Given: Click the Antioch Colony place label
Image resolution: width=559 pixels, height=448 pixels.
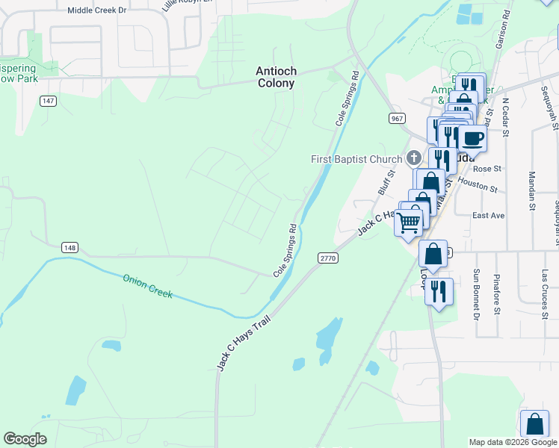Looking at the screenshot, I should [x=277, y=77].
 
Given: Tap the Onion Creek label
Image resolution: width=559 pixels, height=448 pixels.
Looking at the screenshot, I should [x=147, y=286].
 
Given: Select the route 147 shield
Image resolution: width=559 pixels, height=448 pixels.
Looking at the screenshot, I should [x=49, y=101].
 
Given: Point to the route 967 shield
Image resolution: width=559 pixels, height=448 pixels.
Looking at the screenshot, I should [x=397, y=119].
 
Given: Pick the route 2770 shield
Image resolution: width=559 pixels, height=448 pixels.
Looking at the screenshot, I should [x=328, y=258].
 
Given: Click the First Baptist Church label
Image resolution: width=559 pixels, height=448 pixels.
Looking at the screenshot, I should [x=356, y=159].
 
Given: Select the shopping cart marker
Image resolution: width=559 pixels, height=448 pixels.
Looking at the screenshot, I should [x=408, y=222].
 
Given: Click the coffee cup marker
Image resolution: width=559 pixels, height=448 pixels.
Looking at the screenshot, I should [x=472, y=138].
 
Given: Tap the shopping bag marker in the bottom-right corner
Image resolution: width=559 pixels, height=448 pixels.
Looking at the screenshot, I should [x=535, y=425].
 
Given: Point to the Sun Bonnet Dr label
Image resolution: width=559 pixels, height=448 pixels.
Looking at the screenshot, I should [x=476, y=296].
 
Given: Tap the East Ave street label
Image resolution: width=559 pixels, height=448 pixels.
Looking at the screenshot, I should [x=489, y=215].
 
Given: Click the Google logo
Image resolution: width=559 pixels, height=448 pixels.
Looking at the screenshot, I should [x=25, y=439].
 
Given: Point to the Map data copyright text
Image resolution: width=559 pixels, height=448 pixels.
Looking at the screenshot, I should [x=513, y=442].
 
